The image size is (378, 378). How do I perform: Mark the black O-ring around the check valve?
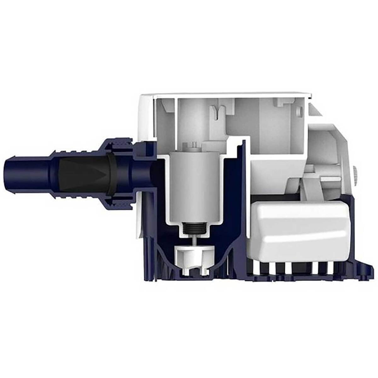tap(109, 175)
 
